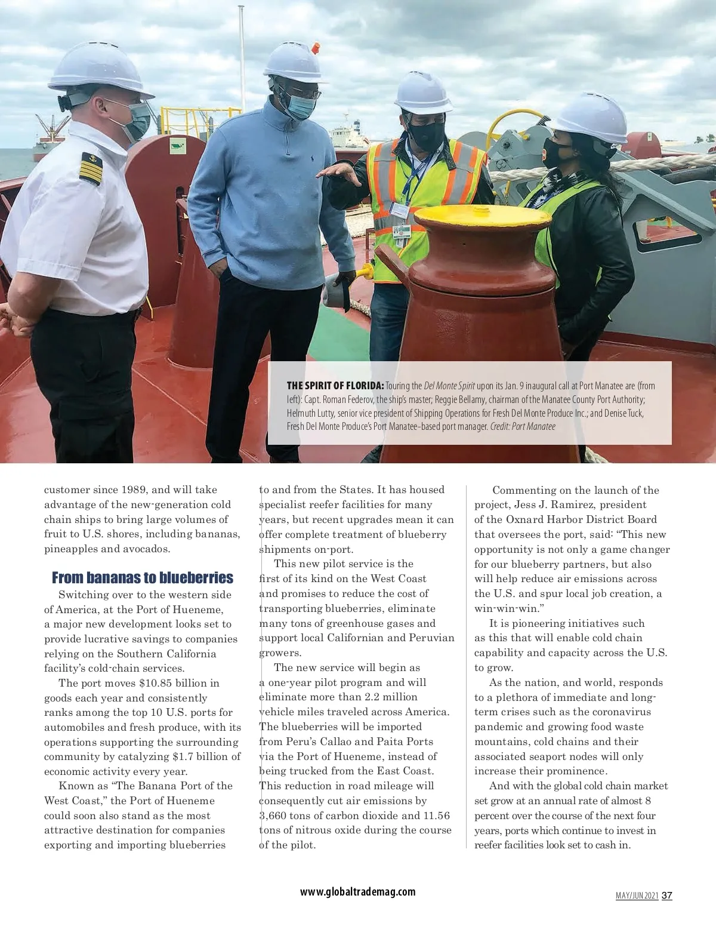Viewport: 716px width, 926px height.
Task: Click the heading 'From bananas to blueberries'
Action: pyautogui.click(x=142, y=577)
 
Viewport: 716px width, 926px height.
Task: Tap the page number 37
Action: pyautogui.click(x=667, y=896)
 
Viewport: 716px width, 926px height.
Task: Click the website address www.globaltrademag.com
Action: pyautogui.click(x=357, y=892)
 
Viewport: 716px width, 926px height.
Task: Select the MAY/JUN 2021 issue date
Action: pyautogui.click(x=637, y=896)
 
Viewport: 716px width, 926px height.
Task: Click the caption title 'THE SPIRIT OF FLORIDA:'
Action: pyautogui.click(x=335, y=386)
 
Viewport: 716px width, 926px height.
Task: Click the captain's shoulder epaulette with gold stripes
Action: pyautogui.click(x=91, y=168)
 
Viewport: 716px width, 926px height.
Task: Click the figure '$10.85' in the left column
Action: pyautogui.click(x=157, y=683)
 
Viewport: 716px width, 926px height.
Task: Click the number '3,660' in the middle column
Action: pyautogui.click(x=276, y=816)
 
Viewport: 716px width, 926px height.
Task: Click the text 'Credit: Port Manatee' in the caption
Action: pyautogui.click(x=523, y=426)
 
